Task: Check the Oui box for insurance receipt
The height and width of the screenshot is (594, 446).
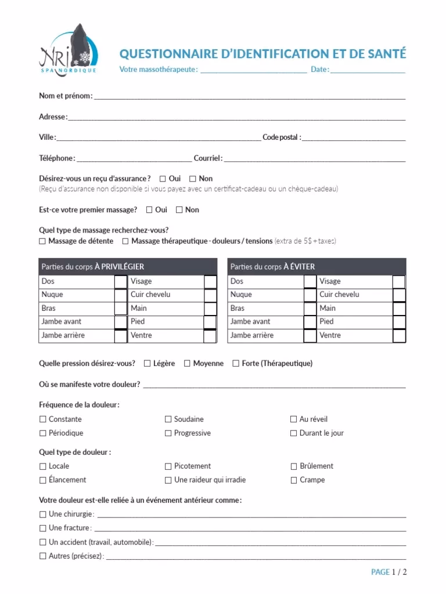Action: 163,179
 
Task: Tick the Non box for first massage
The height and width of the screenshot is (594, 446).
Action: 179,210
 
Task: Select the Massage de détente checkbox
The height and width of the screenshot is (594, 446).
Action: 42,241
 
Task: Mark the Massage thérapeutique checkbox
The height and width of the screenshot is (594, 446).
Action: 125,241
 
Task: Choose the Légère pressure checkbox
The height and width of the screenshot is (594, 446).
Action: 147,364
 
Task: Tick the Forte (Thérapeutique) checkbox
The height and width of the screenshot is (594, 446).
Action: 236,364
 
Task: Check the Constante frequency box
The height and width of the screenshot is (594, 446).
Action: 43,419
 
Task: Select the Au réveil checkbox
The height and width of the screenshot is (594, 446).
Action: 294,419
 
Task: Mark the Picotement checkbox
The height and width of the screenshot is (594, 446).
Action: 168,466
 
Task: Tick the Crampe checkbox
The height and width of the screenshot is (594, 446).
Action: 294,480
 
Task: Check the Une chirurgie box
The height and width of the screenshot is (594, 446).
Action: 43,514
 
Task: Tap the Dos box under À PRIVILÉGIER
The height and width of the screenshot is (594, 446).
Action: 120,282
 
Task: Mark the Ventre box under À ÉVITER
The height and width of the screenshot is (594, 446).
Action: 399,336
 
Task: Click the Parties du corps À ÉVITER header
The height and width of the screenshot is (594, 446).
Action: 272,267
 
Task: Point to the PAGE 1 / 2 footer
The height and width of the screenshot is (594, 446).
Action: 389,572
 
